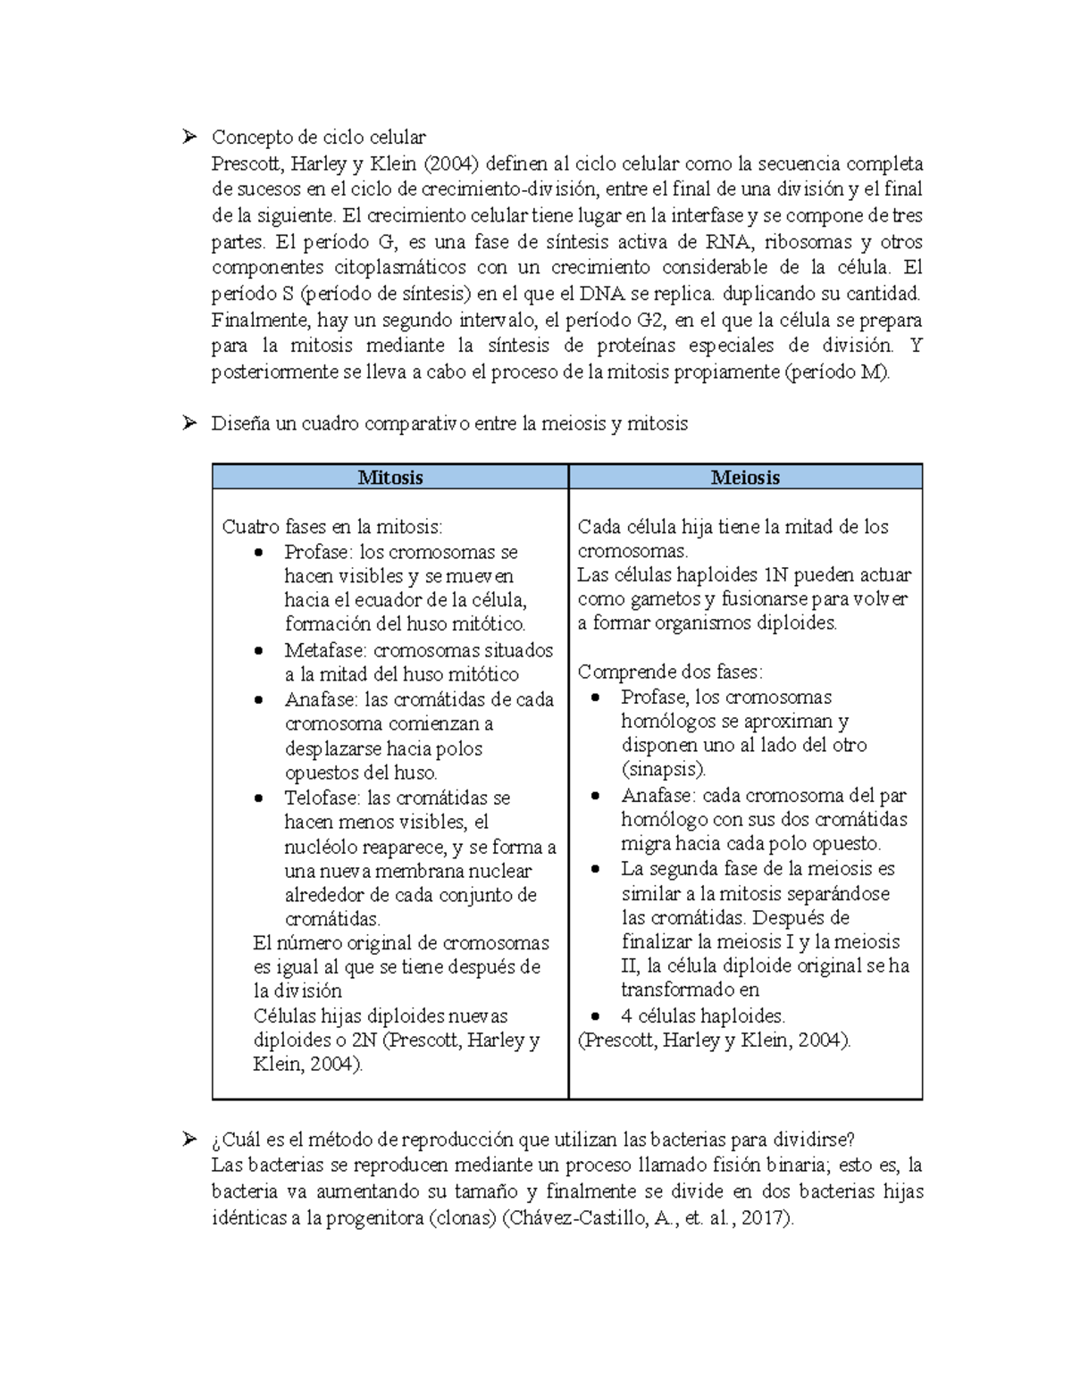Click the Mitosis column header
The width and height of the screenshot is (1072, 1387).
[x=390, y=478]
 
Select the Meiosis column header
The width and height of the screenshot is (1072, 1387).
[x=745, y=478]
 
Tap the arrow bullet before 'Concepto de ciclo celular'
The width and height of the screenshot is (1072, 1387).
[x=188, y=137]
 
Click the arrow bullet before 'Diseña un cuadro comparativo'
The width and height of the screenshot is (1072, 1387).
[x=188, y=423]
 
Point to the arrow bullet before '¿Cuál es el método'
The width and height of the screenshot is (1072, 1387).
[x=188, y=1139]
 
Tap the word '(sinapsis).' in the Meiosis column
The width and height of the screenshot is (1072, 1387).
[x=664, y=769]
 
